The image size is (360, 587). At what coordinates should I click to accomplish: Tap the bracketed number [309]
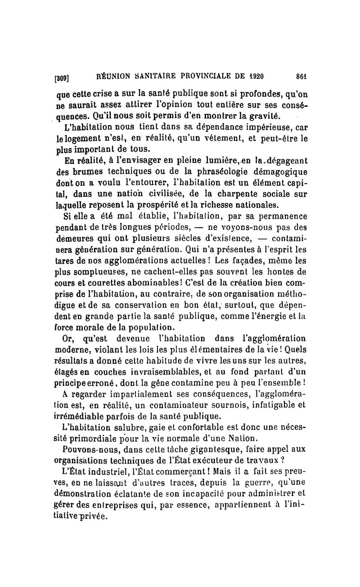pyautogui.click(x=62, y=77)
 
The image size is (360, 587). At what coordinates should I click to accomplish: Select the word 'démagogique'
pyautogui.click(x=275, y=174)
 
